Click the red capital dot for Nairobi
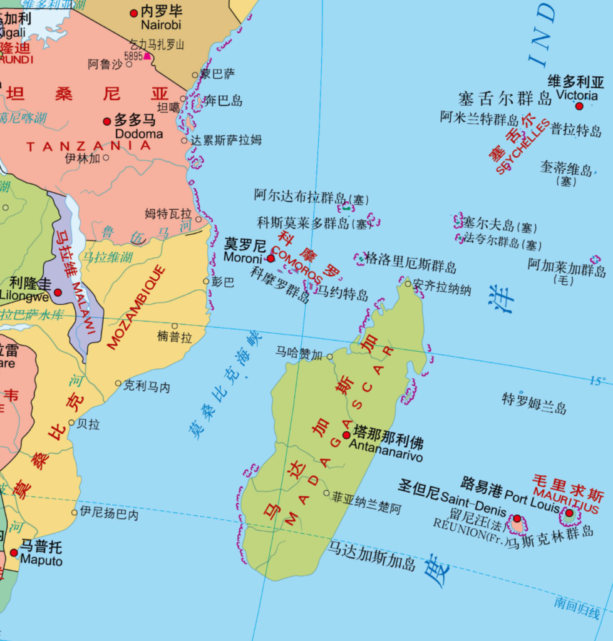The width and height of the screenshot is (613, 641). pos(133,13)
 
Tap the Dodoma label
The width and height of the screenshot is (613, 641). pos(139,134)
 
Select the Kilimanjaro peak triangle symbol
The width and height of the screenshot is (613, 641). pos(148,56)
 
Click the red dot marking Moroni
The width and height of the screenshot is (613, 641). pos(271,258)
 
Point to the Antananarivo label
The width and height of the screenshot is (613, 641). pos(386,457)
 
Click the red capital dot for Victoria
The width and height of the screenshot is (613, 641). pos(579,106)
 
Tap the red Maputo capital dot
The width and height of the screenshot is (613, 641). pos(14,552)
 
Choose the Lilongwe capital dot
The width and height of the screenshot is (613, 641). pos(58,292)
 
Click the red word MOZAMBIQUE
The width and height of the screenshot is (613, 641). pos(137,307)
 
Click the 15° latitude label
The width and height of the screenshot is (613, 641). pos(597,381)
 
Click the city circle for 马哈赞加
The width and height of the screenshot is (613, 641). pos(330,357)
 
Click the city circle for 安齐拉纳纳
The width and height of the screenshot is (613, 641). pos(408,284)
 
